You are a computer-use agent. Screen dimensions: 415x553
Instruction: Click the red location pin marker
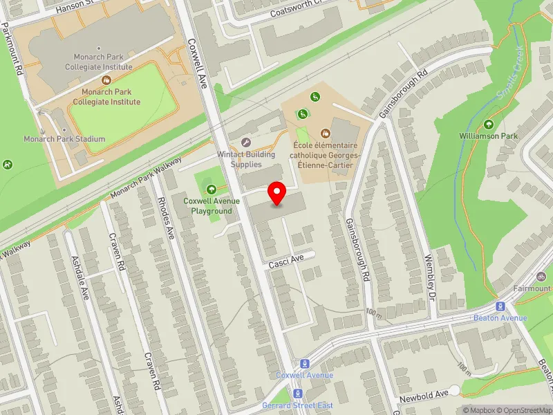[277, 193]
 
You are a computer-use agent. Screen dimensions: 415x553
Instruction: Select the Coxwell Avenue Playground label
[212, 205]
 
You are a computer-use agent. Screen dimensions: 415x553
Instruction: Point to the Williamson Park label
[489, 136]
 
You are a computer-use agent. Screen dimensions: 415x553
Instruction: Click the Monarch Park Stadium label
[64, 139]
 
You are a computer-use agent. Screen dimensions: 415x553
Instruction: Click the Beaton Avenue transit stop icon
[500, 307]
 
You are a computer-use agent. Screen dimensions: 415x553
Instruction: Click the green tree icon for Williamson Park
[489, 124]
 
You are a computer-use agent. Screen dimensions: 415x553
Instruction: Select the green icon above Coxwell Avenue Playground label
[211, 189]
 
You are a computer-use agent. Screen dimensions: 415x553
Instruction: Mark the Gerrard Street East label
[297, 405]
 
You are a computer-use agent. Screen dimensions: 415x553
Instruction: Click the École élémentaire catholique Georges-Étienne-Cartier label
[324, 156]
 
